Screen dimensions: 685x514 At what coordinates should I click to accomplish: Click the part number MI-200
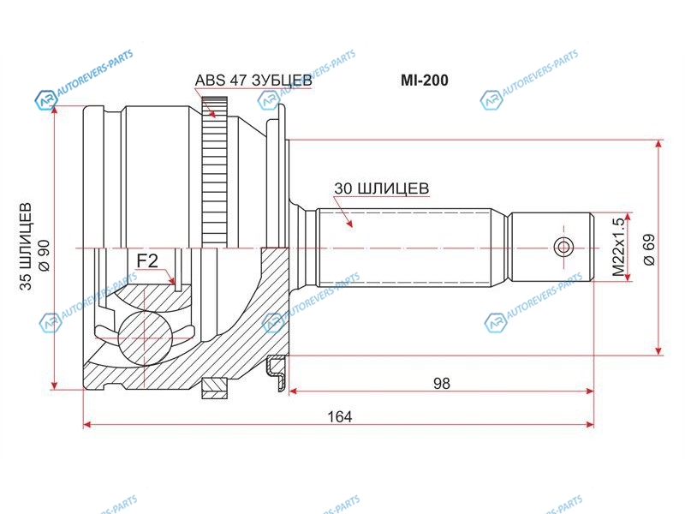coord(424,80)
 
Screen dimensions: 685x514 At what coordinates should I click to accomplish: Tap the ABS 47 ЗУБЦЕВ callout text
coord(253,81)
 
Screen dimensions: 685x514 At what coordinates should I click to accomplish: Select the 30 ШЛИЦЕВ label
coord(382,188)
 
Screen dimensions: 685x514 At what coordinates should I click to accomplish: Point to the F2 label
coord(147,261)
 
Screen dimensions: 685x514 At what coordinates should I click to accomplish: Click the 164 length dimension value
coord(340,417)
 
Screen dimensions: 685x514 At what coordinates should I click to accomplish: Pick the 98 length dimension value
coord(442,383)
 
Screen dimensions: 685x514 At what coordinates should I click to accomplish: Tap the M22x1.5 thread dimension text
coord(618,248)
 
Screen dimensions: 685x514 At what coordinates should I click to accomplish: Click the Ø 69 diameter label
coord(649,249)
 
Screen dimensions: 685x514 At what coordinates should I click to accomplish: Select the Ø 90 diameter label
coord(45,255)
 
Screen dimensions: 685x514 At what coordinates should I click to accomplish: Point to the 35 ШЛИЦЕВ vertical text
coord(26,247)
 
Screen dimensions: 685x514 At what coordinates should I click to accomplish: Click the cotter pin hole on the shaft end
coord(563,248)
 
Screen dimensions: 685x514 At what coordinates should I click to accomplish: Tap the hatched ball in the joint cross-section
coord(145,338)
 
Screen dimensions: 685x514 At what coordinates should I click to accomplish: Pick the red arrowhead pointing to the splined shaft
coord(348,223)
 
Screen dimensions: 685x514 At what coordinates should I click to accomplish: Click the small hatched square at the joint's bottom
coord(215,388)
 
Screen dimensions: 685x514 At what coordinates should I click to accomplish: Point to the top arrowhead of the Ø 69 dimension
coord(659,146)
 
